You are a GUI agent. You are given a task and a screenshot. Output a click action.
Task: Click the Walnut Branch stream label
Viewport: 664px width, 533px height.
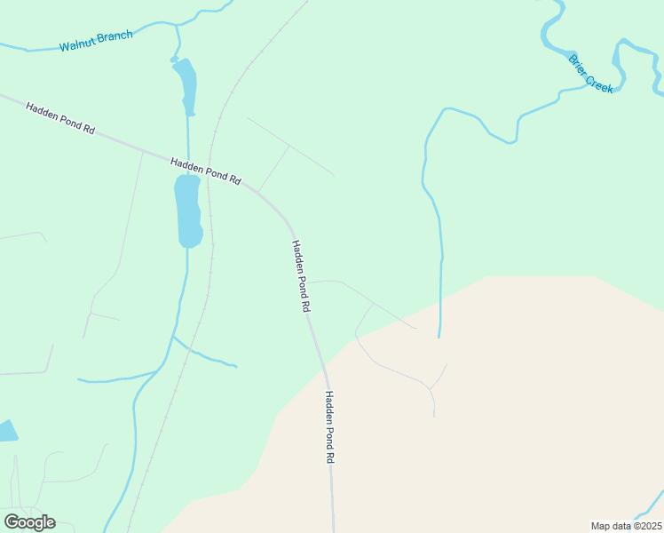pyautogui.click(x=96, y=41)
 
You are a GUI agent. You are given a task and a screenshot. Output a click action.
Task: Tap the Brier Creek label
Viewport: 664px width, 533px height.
pyautogui.click(x=591, y=75)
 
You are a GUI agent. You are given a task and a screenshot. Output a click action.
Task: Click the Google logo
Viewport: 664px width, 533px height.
pyautogui.click(x=29, y=522)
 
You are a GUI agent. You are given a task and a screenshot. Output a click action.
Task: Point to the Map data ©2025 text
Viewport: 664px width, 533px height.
pyautogui.click(x=626, y=525)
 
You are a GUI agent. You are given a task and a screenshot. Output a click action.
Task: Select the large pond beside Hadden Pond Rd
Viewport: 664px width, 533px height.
pyautogui.click(x=188, y=211)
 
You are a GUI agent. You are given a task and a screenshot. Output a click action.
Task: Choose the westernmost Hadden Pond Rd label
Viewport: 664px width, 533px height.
pyautogui.click(x=59, y=118)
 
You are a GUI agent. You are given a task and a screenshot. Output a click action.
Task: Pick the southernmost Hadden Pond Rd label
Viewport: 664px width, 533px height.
pyautogui.click(x=329, y=426)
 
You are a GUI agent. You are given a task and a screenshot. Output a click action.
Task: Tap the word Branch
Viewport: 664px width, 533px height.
pyautogui.click(x=116, y=36)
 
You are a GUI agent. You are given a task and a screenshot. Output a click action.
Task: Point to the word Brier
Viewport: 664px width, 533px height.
pyautogui.click(x=579, y=64)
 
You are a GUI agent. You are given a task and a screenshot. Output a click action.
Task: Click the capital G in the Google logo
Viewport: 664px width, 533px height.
pyautogui.click(x=12, y=522)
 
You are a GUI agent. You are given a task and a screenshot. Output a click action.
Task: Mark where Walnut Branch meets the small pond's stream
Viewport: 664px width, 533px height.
pyautogui.click(x=177, y=26)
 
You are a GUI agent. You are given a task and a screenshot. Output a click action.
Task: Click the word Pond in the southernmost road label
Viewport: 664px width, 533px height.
pyautogui.click(x=329, y=428)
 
